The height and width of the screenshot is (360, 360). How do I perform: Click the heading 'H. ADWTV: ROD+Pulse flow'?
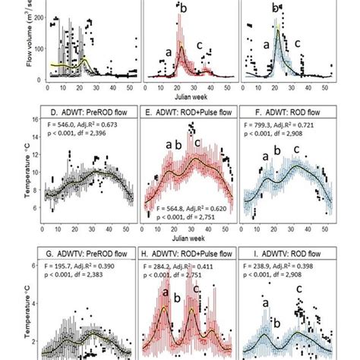coord(189,256)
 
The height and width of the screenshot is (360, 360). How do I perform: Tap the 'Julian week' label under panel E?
coord(189,96)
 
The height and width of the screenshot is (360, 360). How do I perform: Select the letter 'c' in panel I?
coord(298,290)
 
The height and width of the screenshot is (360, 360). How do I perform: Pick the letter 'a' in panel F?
coord(264,158)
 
